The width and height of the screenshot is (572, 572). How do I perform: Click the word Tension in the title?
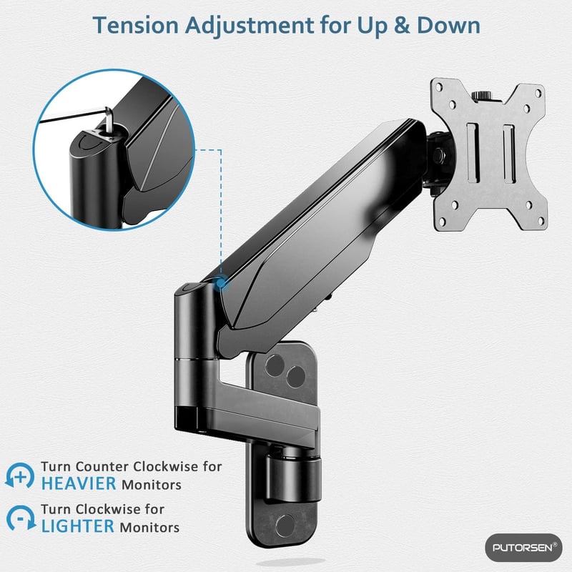(135, 26)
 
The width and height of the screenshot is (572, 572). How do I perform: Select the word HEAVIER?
(79, 484)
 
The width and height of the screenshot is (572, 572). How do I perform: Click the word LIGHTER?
(78, 526)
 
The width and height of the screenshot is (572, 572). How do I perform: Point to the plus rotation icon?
(20, 475)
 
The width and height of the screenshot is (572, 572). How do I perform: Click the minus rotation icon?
(21, 518)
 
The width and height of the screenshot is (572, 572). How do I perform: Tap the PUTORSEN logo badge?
(523, 548)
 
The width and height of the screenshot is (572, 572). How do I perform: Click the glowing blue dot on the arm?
(220, 282)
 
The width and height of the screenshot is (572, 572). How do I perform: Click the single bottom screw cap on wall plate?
(285, 526)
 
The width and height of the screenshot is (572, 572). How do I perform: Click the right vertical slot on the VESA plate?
(509, 154)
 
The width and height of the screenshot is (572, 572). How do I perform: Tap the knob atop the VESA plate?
(482, 96)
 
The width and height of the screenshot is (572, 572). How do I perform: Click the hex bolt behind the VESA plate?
(438, 155)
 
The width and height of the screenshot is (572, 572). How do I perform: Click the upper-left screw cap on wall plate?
(275, 365)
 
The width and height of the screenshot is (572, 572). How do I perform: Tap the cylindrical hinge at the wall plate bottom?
(293, 478)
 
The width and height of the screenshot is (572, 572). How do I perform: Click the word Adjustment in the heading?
(250, 26)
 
